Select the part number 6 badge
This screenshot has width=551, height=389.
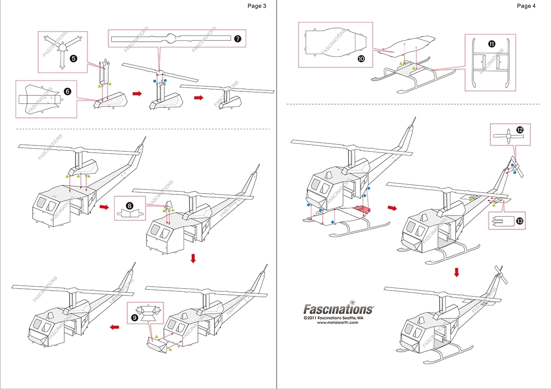(67, 92)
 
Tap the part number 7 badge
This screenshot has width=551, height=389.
(237, 39)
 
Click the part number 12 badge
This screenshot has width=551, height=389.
(520, 130)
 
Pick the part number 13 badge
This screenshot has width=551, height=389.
(519, 221)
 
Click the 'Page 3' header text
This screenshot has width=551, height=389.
(257, 6)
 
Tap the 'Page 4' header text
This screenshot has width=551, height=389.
(526, 6)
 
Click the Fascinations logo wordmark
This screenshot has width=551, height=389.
(338, 309)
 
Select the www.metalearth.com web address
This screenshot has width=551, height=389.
(337, 322)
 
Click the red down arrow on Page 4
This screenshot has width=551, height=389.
(456, 272)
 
